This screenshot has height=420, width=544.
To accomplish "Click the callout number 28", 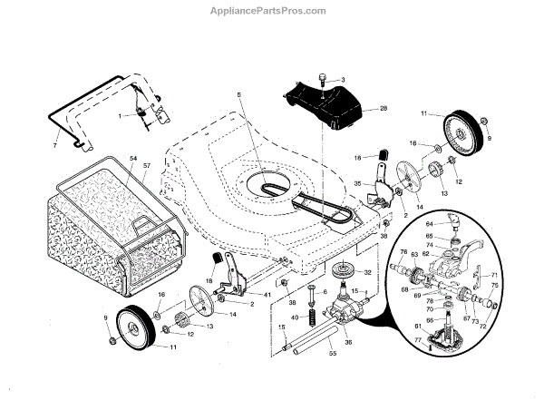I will pos(384,108).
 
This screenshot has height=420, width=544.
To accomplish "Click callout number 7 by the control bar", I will pos(54,144).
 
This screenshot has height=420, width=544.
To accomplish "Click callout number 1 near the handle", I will pos(119,115).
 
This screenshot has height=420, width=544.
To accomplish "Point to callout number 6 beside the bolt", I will pos(325,292).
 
